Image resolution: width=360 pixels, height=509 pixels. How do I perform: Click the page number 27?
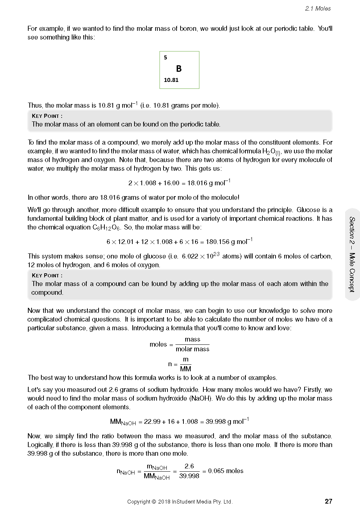(x=328, y=501)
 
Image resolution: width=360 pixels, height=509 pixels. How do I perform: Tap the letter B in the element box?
(x=179, y=69)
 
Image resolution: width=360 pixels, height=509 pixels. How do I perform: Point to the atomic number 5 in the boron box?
(x=166, y=58)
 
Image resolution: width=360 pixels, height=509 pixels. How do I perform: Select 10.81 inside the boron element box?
(x=171, y=80)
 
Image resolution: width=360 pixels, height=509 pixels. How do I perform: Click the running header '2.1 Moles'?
(x=318, y=9)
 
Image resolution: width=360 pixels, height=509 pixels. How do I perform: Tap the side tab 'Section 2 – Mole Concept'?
(x=352, y=254)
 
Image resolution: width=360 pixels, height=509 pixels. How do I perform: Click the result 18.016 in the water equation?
(x=197, y=183)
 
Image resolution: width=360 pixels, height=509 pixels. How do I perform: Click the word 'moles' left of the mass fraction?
(x=158, y=344)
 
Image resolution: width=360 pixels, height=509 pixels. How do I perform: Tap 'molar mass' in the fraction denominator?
(x=193, y=349)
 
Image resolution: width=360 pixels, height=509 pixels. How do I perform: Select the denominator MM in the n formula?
(x=185, y=369)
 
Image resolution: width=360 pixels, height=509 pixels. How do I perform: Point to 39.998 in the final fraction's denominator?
(x=189, y=476)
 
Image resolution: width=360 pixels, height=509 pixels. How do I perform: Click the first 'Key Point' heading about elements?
(x=47, y=116)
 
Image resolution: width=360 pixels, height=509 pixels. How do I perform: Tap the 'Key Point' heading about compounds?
(x=47, y=276)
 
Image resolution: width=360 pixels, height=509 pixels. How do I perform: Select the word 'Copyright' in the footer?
(x=138, y=502)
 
